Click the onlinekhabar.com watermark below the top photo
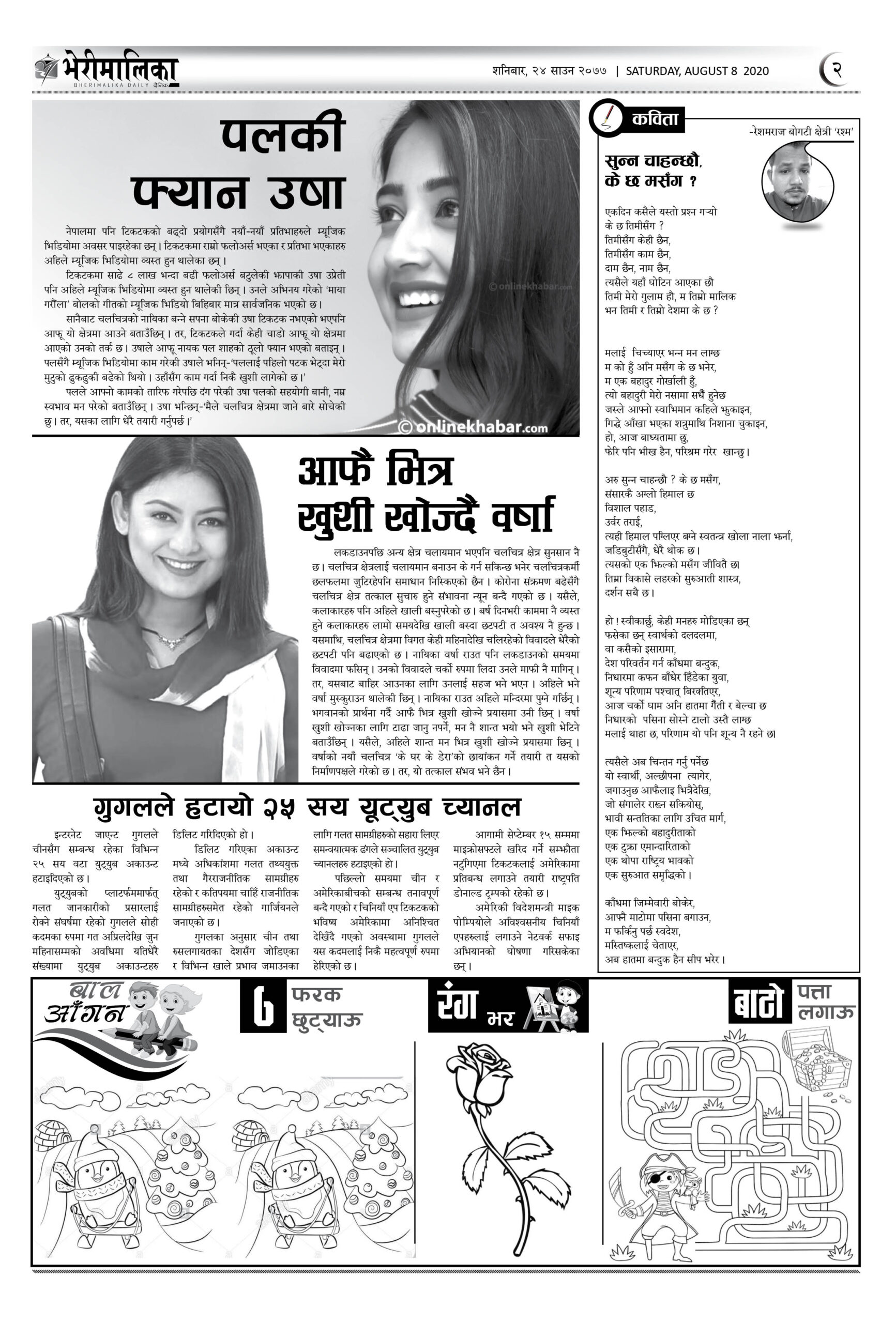coord(473,427)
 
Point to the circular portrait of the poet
coord(796,184)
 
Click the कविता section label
coord(655,119)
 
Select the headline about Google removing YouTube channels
coord(307,807)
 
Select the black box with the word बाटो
coord(758,1003)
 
